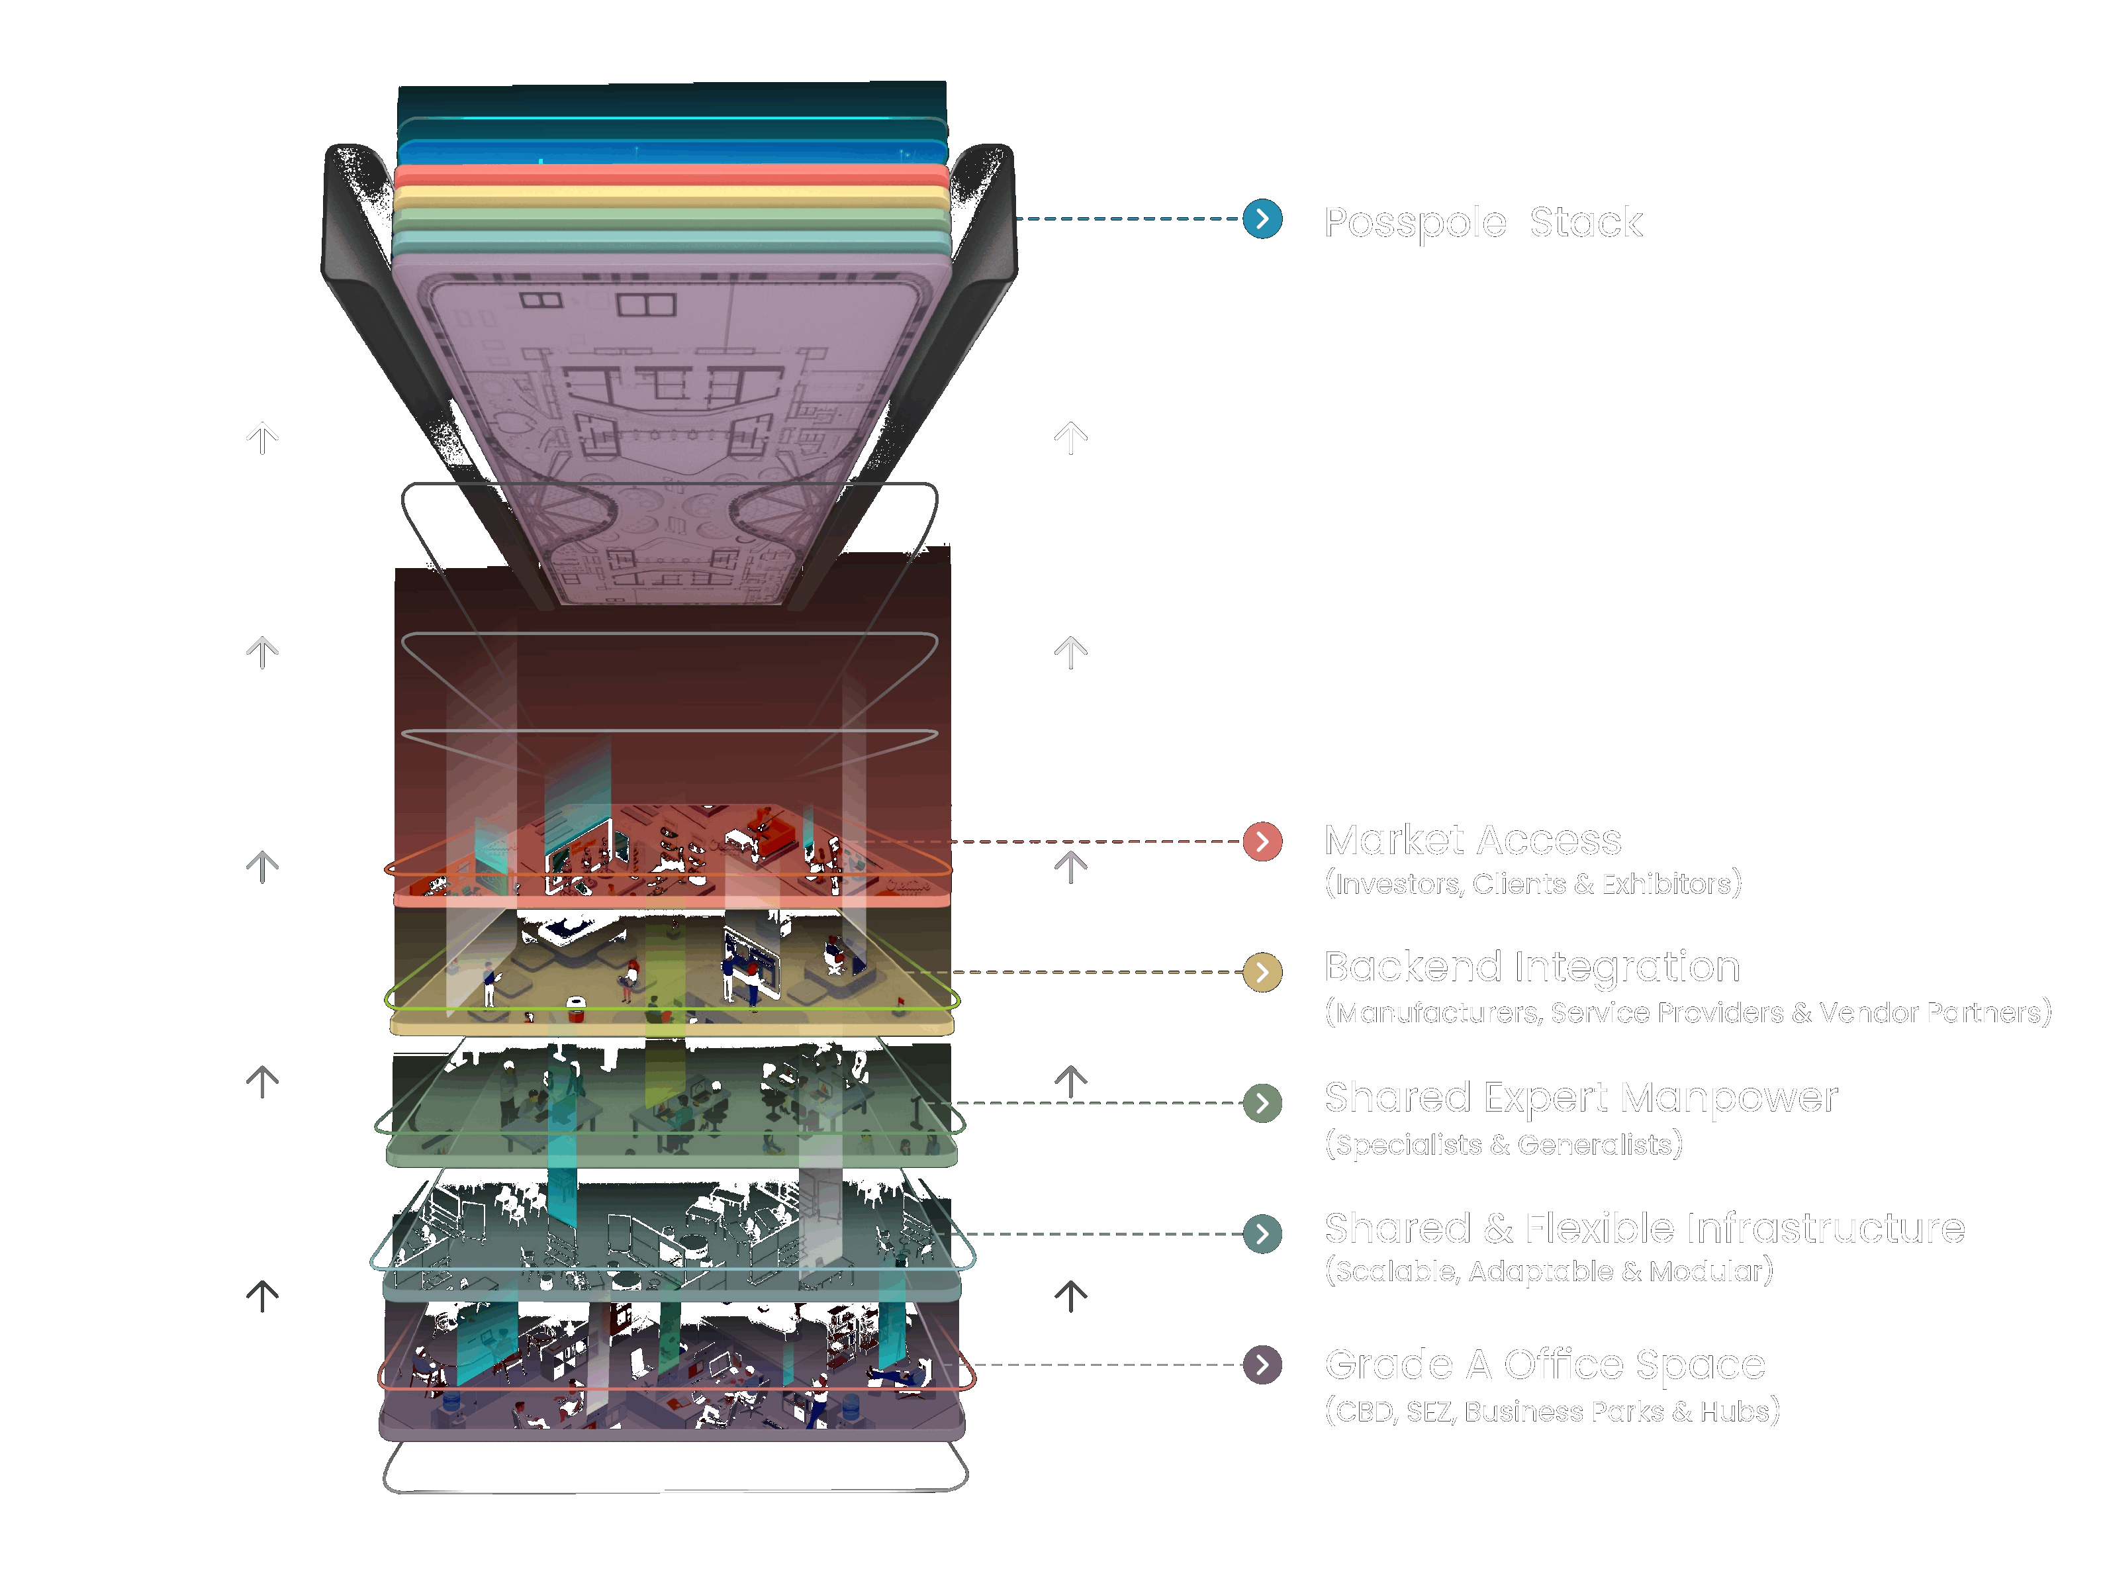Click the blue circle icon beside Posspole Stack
pos(1262,219)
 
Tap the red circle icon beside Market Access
pos(1262,842)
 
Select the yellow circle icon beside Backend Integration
pos(1262,972)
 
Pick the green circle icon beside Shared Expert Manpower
pos(1262,1103)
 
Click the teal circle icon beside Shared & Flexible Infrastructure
pos(1262,1233)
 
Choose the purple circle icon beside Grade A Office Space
pos(1262,1365)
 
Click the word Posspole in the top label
pos(1415,223)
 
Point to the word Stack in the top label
pos(1585,222)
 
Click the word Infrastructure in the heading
pos(1745,1229)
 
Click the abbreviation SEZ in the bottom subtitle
pos(1430,1412)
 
